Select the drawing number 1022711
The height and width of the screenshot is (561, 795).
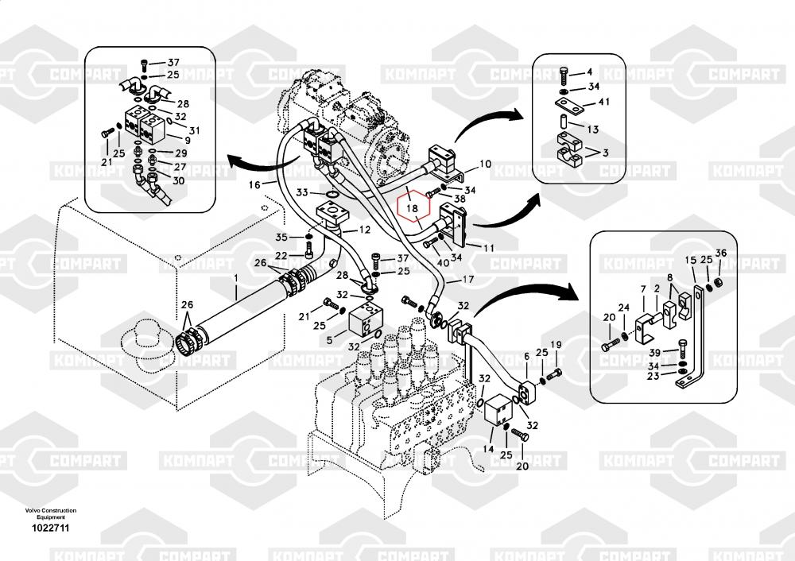coord(50,527)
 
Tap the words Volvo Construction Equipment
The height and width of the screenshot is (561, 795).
coord(50,513)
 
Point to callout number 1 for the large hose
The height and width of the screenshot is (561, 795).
coord(235,278)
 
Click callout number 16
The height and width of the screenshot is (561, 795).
coord(254,185)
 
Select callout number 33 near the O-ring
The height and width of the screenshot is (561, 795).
coord(302,193)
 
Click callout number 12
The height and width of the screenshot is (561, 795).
coord(366,230)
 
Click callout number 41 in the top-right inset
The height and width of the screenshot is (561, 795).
coord(604,102)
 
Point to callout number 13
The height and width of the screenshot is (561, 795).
coord(593,129)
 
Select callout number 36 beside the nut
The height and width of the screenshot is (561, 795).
coord(721,254)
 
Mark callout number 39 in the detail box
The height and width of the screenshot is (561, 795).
coord(653,352)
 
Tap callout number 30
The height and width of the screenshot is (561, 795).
coord(178,180)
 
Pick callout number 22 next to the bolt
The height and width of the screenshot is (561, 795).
coord(281,255)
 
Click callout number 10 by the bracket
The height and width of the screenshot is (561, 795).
coord(485,164)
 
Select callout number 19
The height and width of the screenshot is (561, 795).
coord(556,345)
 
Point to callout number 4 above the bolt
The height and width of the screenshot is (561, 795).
coord(589,72)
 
